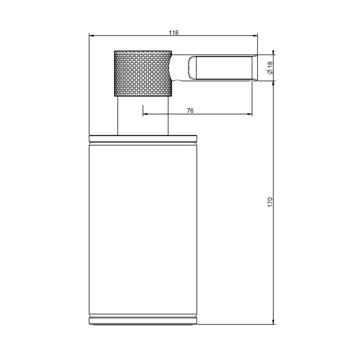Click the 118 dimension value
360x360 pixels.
(x=173, y=32)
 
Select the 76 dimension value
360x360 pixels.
(x=190, y=111)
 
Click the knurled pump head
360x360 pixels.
(x=143, y=74)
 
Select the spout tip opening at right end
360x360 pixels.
(x=256, y=67)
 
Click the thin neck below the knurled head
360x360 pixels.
(x=143, y=116)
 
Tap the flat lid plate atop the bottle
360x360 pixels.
(x=143, y=138)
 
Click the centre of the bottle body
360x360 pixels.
(x=143, y=229)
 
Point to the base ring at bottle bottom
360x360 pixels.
(x=143, y=320)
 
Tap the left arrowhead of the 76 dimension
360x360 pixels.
(x=145, y=114)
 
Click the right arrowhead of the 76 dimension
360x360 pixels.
(x=250, y=114)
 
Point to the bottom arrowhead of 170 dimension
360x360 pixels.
(x=274, y=322)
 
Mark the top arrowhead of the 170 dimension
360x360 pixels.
(x=274, y=83)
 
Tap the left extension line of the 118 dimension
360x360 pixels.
(x=89, y=85)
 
